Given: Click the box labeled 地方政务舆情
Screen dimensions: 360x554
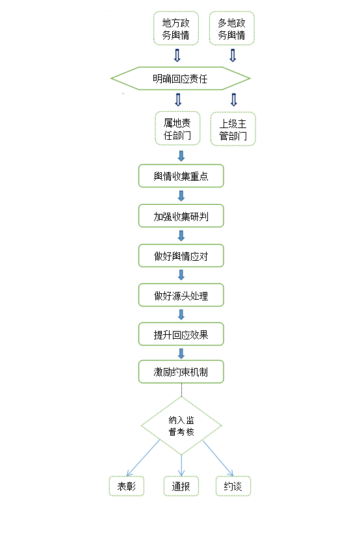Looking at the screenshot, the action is click(175, 28).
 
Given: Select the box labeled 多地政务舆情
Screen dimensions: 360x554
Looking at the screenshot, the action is click(231, 28).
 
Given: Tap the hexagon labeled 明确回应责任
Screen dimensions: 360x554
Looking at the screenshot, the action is click(181, 79).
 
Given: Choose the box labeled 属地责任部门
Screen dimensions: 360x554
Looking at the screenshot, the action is click(177, 129).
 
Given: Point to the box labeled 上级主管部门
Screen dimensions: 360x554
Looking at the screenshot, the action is click(233, 129).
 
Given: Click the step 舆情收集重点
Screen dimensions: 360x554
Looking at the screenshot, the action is click(181, 176).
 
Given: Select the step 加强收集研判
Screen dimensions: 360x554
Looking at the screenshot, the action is click(181, 215).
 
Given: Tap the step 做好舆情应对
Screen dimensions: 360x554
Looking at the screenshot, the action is click(181, 256).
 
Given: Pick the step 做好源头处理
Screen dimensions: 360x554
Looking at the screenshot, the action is click(181, 295).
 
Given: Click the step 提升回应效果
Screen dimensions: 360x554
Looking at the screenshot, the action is click(181, 334).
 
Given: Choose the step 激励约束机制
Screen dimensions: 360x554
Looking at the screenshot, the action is click(181, 372).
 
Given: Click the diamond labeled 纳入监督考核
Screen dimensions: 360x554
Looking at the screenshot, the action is click(181, 426).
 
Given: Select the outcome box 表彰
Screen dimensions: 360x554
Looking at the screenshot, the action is click(127, 486).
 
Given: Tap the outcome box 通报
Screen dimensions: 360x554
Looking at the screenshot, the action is click(181, 486).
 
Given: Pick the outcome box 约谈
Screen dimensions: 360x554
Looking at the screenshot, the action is click(233, 486).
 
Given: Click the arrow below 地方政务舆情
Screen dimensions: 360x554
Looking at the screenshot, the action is click(177, 55).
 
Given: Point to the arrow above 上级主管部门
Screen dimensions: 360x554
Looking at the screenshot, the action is click(234, 99).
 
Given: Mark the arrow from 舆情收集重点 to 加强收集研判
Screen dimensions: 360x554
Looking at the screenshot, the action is click(181, 196).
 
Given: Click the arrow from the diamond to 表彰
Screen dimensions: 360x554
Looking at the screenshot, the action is click(144, 458).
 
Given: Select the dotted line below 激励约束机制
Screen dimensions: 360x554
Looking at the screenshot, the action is click(181, 390).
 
